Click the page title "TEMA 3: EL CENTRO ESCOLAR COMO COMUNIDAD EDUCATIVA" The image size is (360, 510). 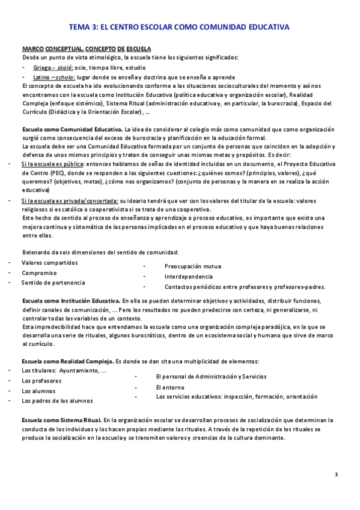179,27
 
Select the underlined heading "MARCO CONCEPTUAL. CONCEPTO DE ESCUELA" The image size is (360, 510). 87,48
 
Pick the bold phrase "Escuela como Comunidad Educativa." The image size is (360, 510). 72,129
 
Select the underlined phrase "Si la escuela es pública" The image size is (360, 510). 53,164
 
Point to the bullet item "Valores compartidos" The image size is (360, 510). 49,263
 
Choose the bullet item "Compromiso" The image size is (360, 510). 39,272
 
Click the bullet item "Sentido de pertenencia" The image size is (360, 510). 53,283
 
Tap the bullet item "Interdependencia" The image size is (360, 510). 189,277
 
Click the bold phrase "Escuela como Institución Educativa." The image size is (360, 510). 71,300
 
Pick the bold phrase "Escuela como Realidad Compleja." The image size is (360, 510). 67,361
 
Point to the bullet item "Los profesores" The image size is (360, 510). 42,381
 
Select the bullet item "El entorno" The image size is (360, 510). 170,387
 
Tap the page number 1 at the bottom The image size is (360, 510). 337,475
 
